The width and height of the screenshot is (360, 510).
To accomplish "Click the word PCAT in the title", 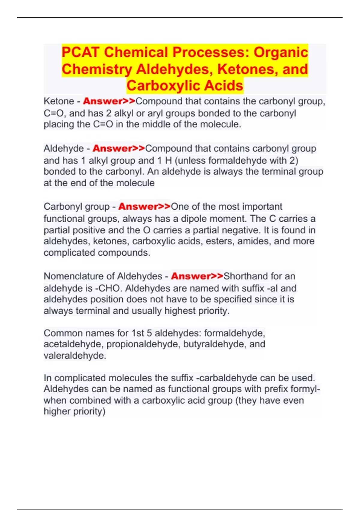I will coord(80,52).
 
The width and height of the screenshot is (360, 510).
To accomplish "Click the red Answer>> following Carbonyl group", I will coord(144,206).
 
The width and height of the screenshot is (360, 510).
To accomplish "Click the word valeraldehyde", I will coord(75,355).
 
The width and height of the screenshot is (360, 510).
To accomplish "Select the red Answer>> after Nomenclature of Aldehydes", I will coord(197,276).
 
